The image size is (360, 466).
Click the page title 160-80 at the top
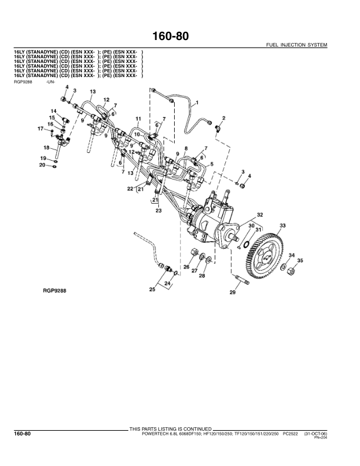tap(179, 37)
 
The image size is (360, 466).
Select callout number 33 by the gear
tap(282, 225)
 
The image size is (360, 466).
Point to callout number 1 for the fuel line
tap(196, 102)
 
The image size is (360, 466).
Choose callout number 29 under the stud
tap(232, 292)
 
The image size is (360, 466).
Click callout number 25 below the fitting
tap(152, 289)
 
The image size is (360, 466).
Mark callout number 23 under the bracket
tap(158, 211)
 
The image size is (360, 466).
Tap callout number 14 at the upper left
tap(53, 111)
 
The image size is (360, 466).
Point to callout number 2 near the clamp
tap(224, 119)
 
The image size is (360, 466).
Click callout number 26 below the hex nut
tap(186, 267)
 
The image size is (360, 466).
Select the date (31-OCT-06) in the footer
tap(315, 433)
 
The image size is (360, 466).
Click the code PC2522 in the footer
tap(291, 433)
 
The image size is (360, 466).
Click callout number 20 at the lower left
tap(42, 165)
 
